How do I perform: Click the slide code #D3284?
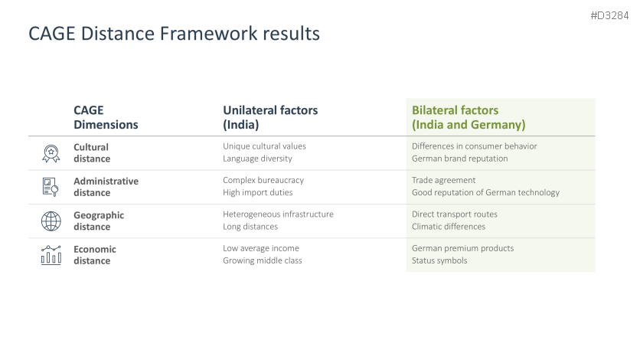click(x=609, y=15)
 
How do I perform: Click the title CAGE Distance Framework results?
click(x=174, y=34)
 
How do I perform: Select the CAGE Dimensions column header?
click(x=106, y=117)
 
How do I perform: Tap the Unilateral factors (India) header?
click(x=270, y=117)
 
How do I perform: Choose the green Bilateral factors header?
click(x=469, y=117)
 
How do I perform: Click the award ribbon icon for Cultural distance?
click(x=51, y=153)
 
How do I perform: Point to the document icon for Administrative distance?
click(x=51, y=188)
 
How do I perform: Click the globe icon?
click(x=51, y=221)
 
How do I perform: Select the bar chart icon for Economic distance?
click(x=51, y=255)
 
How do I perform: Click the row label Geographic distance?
click(x=99, y=221)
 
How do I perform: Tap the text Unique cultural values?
click(x=264, y=146)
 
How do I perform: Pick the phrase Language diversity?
click(x=257, y=159)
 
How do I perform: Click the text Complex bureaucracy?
click(x=263, y=180)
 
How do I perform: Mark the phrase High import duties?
click(x=257, y=192)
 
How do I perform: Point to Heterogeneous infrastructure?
click(x=278, y=214)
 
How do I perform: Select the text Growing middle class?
click(x=263, y=260)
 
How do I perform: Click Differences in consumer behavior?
click(x=475, y=146)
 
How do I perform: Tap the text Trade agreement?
click(x=444, y=180)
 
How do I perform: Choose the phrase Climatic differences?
click(x=449, y=227)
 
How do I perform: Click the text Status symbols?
click(x=439, y=260)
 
